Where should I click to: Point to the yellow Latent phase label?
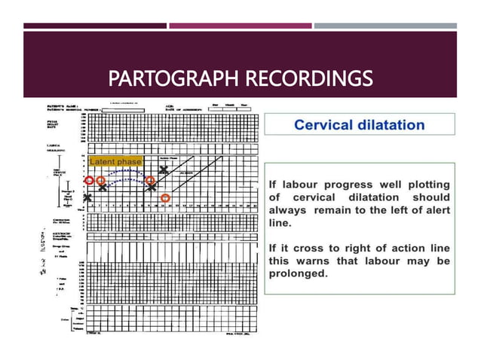(115, 162)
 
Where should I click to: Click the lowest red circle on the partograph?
(165, 197)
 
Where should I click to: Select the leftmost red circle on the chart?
(90, 181)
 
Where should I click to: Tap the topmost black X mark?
(164, 169)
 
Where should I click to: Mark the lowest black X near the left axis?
(87, 198)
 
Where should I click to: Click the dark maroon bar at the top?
(95, 26)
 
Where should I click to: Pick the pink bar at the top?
(240, 26)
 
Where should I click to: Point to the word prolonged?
(299, 273)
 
